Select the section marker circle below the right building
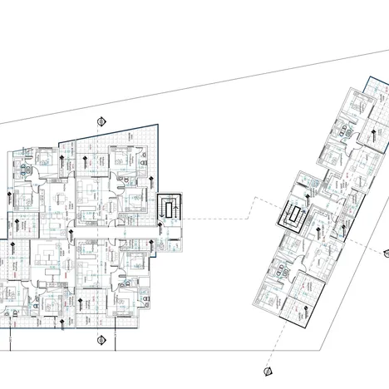[x=267, y=371]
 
